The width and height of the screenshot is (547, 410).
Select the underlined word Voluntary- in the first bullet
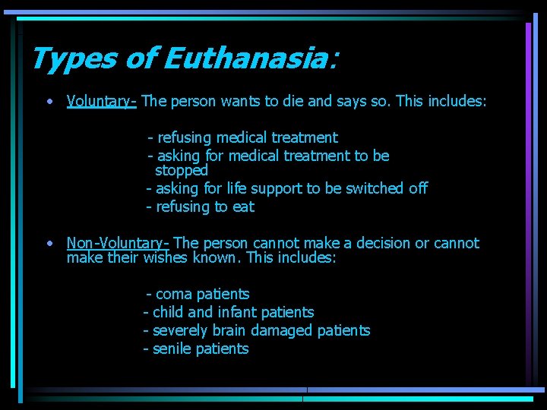coord(101,101)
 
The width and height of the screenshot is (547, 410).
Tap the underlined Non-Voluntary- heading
coord(118,244)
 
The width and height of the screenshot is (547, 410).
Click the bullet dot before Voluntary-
coord(49,101)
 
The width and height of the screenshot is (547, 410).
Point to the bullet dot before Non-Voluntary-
coord(49,244)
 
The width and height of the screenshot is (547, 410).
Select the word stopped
coord(182,170)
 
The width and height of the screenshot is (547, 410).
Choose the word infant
coord(237,312)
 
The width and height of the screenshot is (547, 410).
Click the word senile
coord(172,348)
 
